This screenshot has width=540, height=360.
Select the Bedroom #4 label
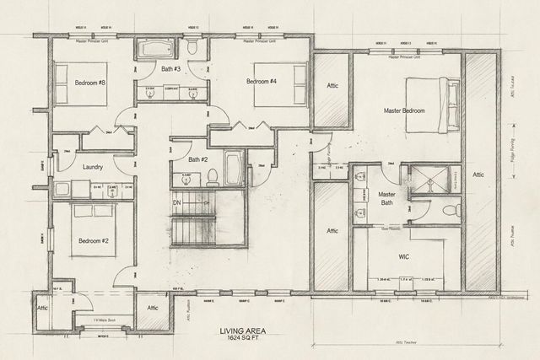262,82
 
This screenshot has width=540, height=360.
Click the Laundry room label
94,167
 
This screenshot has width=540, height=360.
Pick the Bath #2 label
198,159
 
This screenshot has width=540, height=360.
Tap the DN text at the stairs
178,203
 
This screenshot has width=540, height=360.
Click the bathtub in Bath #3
158,49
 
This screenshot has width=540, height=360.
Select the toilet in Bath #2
213,176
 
